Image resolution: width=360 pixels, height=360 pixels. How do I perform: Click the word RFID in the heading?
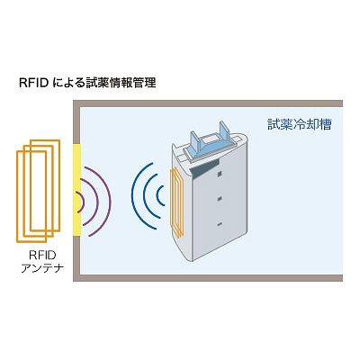coord(34,83)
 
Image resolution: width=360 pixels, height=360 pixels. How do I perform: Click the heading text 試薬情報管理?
coord(124,83)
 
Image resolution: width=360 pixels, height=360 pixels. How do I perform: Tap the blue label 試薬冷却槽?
coord(300,124)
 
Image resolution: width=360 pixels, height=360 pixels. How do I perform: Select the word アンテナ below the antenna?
coord(42,267)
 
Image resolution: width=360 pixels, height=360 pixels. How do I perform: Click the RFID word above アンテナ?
coord(42,256)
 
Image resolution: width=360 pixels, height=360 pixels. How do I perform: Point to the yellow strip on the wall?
coord(76,190)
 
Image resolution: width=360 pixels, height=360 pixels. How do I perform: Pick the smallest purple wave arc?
coord(82,202)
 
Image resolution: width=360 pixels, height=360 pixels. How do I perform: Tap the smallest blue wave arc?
coord(157,196)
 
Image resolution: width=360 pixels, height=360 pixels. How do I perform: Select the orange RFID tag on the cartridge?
coord(177,202)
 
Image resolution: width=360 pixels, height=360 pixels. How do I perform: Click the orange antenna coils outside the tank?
coord(39,191)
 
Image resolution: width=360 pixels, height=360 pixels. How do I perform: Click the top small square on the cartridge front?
coord(220,174)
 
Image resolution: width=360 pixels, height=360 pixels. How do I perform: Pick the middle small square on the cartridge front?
coord(220,199)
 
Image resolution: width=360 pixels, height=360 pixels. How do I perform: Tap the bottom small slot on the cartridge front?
coord(220,224)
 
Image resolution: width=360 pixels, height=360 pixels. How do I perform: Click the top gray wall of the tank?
coord(208,103)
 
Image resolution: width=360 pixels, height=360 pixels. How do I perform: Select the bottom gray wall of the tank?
coord(208,278)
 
